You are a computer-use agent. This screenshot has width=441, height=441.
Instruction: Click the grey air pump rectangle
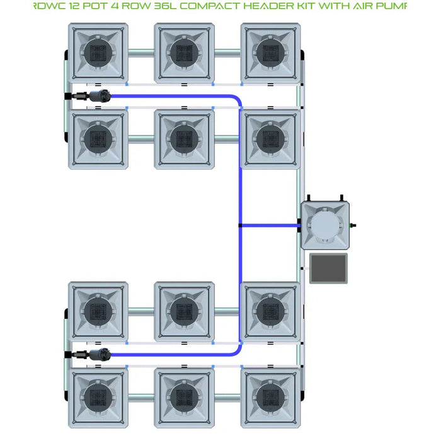pyautogui.click(x=328, y=268)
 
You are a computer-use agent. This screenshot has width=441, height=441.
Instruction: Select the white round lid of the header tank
pyautogui.click(x=324, y=226)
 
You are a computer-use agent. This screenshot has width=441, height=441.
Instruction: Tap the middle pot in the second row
pyautogui.click(x=184, y=138)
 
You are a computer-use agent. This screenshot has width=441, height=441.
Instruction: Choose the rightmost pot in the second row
pyautogui.click(x=270, y=138)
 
